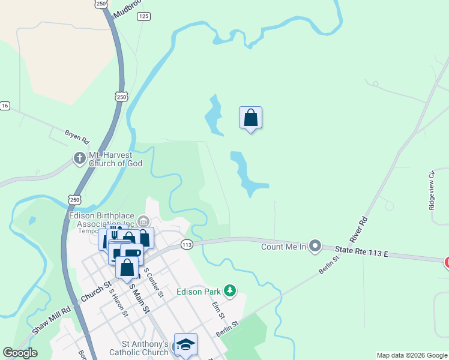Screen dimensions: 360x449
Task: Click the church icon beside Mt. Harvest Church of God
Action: [x=79, y=158]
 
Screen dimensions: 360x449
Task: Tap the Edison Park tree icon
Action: [x=229, y=292]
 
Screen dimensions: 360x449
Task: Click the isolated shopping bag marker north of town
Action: [x=250, y=118]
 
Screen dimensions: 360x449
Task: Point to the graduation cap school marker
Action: [x=185, y=344]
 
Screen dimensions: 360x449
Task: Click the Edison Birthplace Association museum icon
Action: [x=143, y=221]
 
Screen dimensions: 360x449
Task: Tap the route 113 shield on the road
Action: [x=186, y=245]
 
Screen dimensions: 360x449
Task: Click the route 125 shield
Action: [x=143, y=17]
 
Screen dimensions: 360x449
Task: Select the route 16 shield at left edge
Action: [x=5, y=106]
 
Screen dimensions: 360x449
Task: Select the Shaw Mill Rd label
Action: [x=51, y=320]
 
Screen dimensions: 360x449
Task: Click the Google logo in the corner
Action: [x=20, y=353]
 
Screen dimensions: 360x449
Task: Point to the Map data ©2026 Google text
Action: [x=411, y=355]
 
